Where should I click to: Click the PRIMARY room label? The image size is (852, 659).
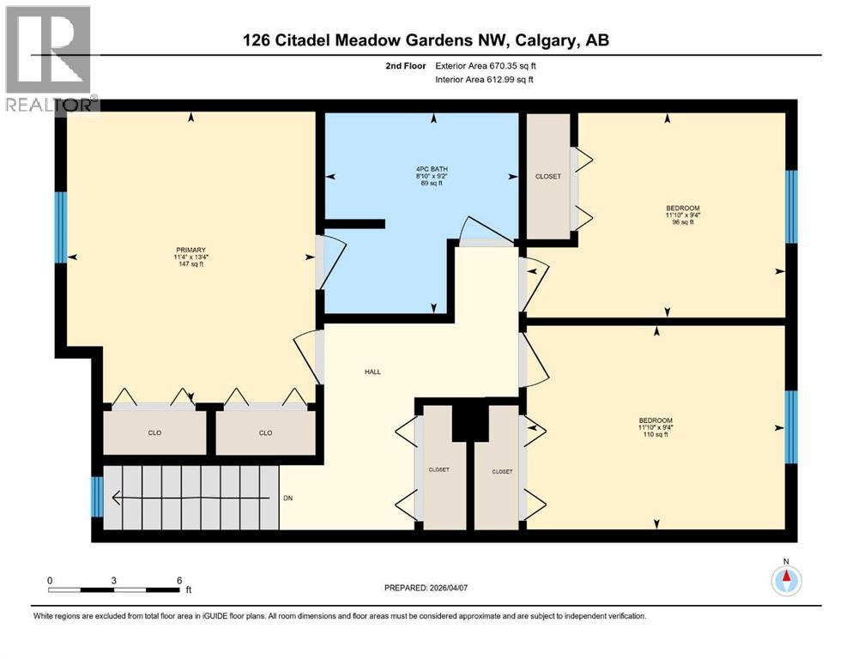point(190,250)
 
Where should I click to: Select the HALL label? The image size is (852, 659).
point(372,372)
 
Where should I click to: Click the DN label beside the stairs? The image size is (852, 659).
point(289,498)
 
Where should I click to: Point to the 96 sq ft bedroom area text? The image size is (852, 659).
point(683,222)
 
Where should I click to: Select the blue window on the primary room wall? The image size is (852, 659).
point(61,227)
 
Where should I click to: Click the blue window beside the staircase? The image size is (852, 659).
point(97,496)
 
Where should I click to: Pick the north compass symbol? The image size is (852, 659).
point(785,581)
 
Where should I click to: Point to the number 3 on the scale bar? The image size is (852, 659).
point(114,580)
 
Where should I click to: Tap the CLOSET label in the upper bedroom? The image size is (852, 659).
point(548,177)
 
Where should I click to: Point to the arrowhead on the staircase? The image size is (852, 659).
point(116,497)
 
